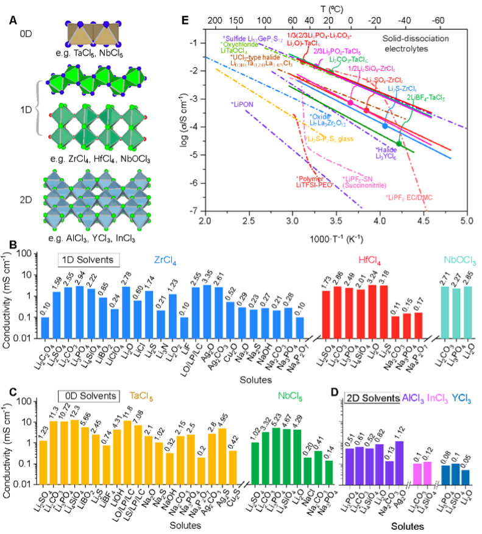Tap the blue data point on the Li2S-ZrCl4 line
point(385,126)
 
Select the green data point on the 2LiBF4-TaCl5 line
point(399,143)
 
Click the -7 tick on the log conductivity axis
point(195,210)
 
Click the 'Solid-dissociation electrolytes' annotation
point(420,43)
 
